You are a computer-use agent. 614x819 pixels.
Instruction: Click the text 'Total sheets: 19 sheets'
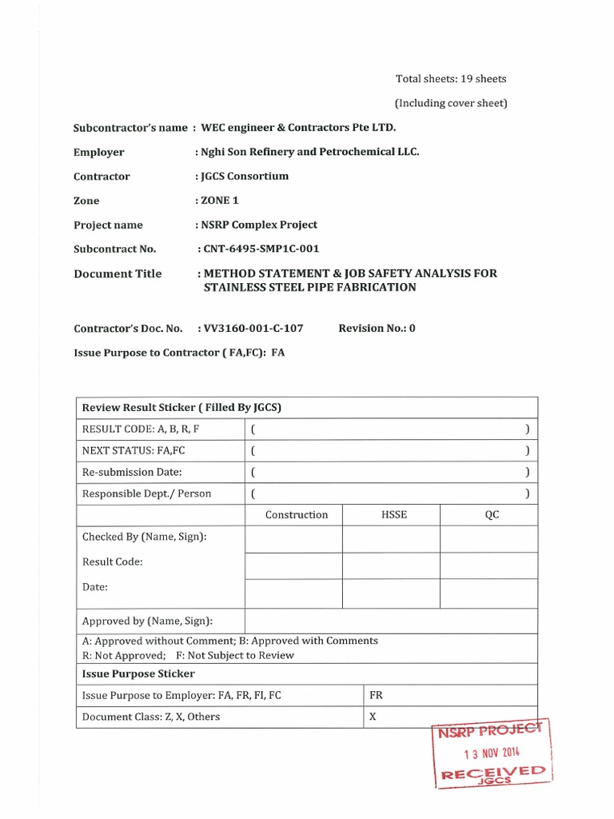pyautogui.click(x=451, y=78)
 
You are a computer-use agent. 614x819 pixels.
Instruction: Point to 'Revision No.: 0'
pyautogui.click(x=377, y=328)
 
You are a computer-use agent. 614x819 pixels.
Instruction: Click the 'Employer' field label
pyautogui.click(x=99, y=152)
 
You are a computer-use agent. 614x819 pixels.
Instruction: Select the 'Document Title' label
pyautogui.click(x=118, y=274)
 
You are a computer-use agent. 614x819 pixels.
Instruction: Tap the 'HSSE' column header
pyautogui.click(x=394, y=515)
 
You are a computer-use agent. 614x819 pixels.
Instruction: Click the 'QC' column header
pyautogui.click(x=492, y=515)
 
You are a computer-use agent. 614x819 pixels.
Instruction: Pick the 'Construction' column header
pyautogui.click(x=297, y=515)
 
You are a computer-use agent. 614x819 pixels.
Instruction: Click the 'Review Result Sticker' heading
pyautogui.click(x=181, y=408)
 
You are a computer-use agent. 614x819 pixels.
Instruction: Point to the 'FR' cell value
pyautogui.click(x=376, y=695)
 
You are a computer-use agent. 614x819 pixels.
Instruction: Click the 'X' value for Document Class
pyautogui.click(x=373, y=717)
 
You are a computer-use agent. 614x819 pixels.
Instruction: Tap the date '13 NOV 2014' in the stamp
pyautogui.click(x=492, y=753)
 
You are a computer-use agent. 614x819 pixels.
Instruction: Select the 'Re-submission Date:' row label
pyautogui.click(x=132, y=472)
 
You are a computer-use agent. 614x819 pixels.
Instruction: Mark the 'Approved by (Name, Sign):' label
pyautogui.click(x=147, y=621)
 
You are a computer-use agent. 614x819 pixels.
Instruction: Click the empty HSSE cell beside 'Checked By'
pyautogui.click(x=391, y=540)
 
